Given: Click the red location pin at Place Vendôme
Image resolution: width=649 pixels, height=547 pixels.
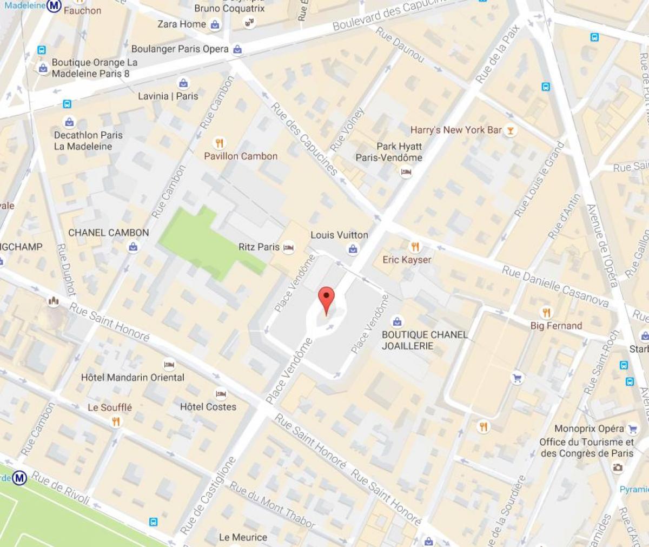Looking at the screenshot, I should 326,299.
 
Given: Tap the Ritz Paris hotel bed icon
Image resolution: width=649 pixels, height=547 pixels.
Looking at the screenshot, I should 288,247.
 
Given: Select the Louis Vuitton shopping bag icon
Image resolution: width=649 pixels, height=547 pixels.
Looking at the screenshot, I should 353,249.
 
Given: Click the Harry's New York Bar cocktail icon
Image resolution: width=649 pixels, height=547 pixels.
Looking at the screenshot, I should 509,130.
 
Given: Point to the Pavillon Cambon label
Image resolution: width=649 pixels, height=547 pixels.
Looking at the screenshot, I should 241,156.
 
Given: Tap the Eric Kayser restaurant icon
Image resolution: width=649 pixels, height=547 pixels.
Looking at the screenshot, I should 415,247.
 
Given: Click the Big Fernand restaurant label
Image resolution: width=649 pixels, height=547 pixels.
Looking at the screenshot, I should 556,326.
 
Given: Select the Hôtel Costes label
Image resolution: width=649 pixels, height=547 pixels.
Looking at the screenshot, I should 208,407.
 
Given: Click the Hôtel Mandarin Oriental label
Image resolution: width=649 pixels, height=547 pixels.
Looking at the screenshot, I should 133,377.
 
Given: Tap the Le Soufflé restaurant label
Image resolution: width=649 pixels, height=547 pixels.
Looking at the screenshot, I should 110,407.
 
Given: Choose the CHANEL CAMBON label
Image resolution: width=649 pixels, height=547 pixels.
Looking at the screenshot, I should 108,233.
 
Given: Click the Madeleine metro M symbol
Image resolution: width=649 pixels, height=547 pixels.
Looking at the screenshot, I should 54,6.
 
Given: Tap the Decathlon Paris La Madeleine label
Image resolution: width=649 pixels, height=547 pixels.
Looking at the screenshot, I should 88,141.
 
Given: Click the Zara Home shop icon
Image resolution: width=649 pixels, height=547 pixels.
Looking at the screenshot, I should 215,24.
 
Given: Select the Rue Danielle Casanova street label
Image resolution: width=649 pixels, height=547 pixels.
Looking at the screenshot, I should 555,286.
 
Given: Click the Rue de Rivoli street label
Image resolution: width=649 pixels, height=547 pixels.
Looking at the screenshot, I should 60,487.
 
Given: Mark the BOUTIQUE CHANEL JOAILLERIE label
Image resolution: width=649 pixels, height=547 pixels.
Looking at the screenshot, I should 425,340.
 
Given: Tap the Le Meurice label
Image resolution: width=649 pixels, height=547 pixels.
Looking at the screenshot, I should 243,537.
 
